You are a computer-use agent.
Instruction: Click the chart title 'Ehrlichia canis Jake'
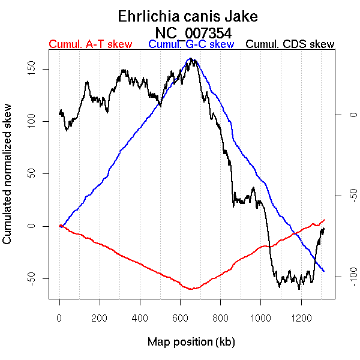click(180, 16)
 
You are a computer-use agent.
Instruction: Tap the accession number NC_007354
click(193, 32)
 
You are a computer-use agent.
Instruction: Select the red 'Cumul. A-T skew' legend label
click(90, 44)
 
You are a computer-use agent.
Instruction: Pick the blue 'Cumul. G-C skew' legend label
click(191, 44)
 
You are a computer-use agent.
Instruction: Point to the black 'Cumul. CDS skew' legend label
click(290, 44)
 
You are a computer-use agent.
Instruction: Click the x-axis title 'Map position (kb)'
click(191, 342)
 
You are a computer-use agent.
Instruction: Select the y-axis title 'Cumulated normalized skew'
click(8, 181)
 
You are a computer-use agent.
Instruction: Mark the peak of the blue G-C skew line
click(191, 58)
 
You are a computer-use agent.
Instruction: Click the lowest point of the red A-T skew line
click(191, 289)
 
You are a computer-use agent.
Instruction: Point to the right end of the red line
click(324, 220)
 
